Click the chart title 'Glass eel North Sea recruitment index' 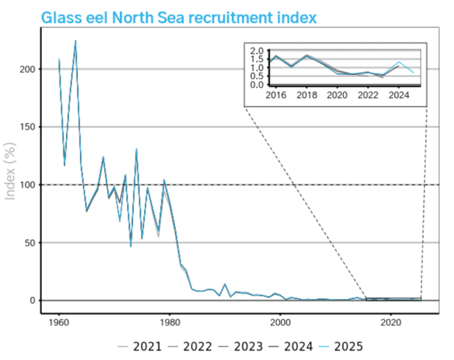click(179, 17)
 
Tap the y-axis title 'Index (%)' click(11, 171)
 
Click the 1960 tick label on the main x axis click(59, 322)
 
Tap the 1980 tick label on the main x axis click(170, 322)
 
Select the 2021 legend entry click(141, 346)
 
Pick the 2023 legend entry click(242, 346)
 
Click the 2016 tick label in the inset click(275, 95)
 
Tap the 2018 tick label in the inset click(305, 95)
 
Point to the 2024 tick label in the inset click(399, 95)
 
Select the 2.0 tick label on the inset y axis click(256, 51)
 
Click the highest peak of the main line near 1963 click(75, 41)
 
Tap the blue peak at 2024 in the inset click(399, 62)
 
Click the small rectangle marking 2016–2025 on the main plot click(393, 299)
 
